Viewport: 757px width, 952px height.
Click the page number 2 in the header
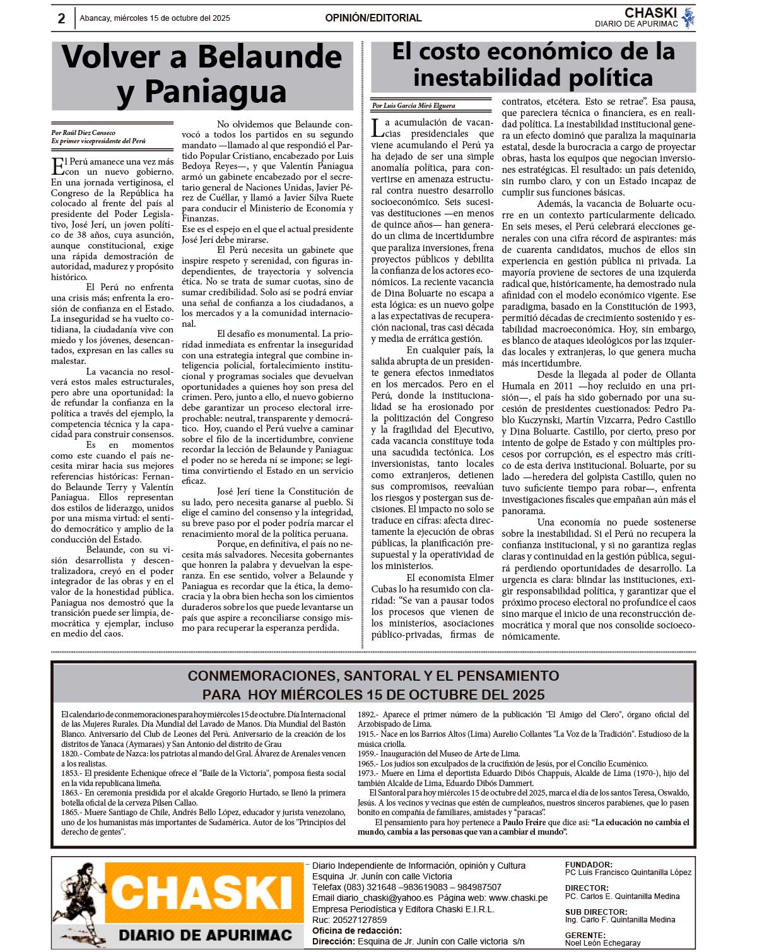pos(61,18)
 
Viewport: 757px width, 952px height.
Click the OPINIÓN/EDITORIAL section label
pos(373,18)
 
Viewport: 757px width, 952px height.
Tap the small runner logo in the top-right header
pos(688,17)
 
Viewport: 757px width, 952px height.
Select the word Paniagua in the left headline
pos(216,91)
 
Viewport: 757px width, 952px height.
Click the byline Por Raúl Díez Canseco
pos(83,133)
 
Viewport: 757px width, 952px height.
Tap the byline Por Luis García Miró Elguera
pos(413,106)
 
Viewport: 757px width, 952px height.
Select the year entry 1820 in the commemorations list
pos(69,753)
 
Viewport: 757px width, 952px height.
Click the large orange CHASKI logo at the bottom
pos(202,893)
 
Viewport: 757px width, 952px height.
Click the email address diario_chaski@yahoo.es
pos(385,898)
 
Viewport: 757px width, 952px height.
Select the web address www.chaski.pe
pos(518,898)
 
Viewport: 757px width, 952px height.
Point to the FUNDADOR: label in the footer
pos(589,865)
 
